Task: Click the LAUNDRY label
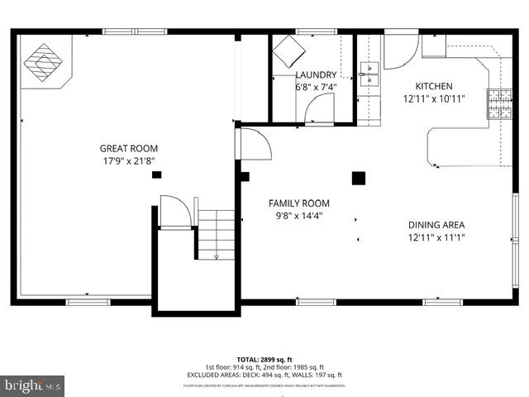point(316,74)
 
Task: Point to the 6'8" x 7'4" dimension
point(316,87)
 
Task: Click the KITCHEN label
point(434,86)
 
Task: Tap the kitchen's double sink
point(368,73)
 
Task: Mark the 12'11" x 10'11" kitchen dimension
point(434,98)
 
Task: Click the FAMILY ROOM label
point(298,203)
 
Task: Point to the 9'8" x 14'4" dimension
point(298,215)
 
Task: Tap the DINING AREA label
point(436,224)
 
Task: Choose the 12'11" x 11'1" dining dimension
point(436,237)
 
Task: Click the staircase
point(217,233)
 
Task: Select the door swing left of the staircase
point(174,211)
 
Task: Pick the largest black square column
point(359,178)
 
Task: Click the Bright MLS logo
point(33,385)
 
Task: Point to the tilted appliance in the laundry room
point(290,52)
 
